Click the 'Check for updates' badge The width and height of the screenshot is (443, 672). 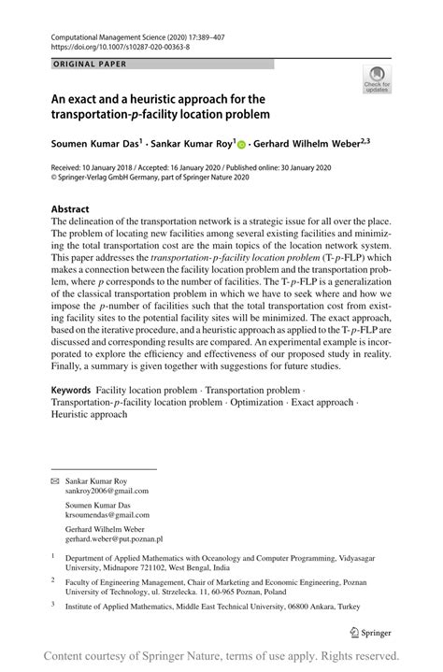(x=378, y=79)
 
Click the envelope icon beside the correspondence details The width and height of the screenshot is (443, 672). (x=54, y=479)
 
